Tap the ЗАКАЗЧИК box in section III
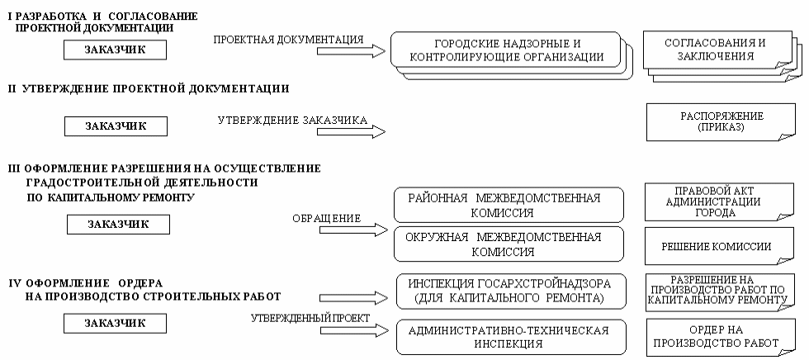point(118,225)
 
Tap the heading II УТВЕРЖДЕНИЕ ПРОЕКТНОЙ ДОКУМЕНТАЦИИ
point(149,88)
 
